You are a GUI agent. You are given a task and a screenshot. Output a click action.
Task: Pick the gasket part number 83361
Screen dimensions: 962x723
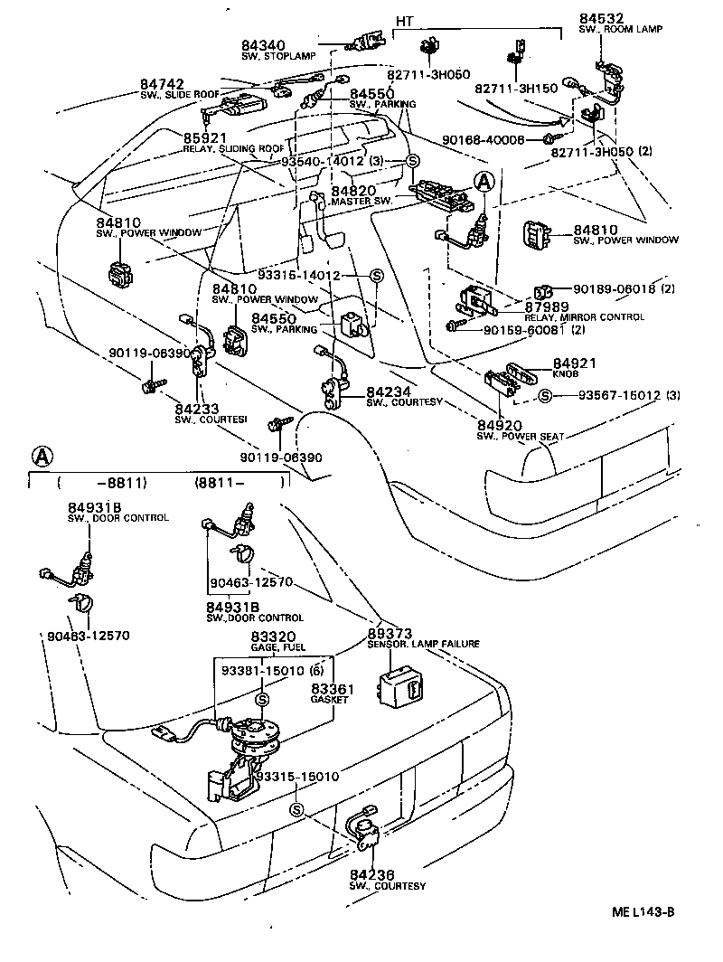click(332, 688)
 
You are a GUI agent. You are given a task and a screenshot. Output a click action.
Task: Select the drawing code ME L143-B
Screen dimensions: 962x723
click(642, 911)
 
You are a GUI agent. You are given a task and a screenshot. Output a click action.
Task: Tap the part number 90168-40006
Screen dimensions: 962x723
click(484, 139)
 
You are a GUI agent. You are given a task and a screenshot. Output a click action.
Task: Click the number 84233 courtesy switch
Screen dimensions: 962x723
click(197, 409)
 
